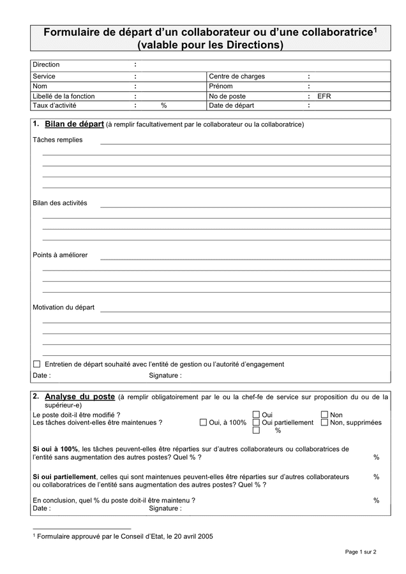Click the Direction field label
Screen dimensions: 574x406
(46, 64)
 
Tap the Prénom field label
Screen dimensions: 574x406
(220, 86)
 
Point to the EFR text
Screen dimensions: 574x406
(324, 96)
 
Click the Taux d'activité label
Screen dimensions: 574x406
(54, 106)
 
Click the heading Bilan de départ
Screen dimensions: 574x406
(74, 124)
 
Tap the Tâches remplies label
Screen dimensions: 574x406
(57, 140)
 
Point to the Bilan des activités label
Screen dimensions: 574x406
(60, 203)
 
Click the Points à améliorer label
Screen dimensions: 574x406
(60, 255)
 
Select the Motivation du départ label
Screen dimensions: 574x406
(63, 307)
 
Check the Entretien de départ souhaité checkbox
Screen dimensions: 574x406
(36, 364)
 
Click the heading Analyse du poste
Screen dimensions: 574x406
(80, 397)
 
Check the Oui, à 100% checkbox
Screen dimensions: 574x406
(203, 422)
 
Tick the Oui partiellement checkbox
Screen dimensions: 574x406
(256, 422)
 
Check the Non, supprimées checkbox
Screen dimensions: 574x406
(324, 422)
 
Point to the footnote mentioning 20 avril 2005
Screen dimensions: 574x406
(124, 537)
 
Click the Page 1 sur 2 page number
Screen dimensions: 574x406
(361, 552)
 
